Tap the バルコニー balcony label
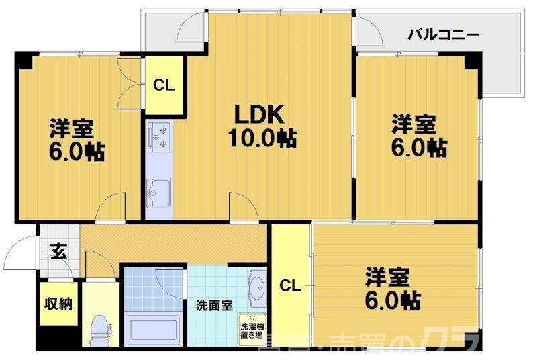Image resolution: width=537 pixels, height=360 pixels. (x=443, y=33)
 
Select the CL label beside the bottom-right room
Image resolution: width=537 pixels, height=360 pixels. (x=289, y=285)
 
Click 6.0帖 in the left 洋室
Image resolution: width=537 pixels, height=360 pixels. (x=75, y=152)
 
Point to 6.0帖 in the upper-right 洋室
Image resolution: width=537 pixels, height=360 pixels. (x=418, y=147)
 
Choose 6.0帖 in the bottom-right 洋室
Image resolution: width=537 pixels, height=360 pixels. (x=393, y=300)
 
